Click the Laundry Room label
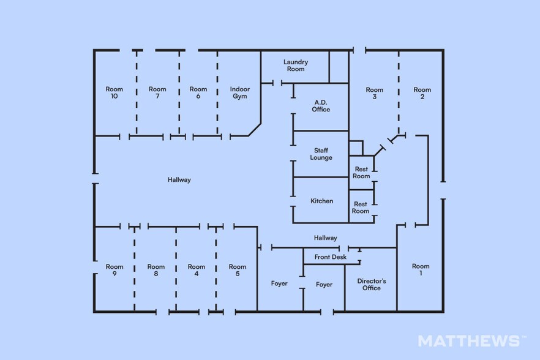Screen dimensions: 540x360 pos(296,66)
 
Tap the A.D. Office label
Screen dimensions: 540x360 pos(321,106)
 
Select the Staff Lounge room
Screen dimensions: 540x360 pos(321,154)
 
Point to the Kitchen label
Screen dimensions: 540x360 pos(321,201)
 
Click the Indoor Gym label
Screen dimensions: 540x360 pos(240,92)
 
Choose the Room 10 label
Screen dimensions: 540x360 pos(114,92)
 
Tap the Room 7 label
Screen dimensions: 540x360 pos(157,92)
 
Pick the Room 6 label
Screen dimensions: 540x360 pos(198,92)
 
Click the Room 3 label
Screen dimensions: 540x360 pos(374,93)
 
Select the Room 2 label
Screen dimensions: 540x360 pos(422,93)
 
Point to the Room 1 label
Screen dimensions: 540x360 pos(421,270)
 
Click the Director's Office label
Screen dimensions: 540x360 pos(371,285)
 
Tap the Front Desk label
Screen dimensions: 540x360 pos(330,257)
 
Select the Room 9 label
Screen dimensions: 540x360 pos(114,270)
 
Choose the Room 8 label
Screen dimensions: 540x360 pos(156,270)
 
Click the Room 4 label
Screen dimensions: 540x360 pos(197,270)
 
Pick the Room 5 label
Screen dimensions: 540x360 pos(238,270)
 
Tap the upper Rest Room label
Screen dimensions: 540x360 pos(361,173)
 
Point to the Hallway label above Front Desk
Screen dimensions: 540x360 pos(326,238)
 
